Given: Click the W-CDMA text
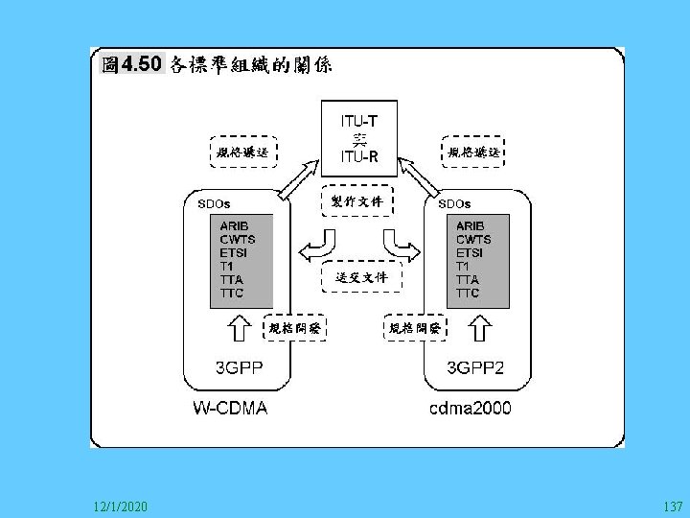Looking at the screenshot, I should pyautogui.click(x=229, y=409).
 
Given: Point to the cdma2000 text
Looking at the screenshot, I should pyautogui.click(x=470, y=409).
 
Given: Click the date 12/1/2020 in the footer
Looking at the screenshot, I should pyautogui.click(x=121, y=505).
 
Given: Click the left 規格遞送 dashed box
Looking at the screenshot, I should pyautogui.click(x=242, y=153).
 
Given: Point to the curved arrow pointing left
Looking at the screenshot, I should pyautogui.click(x=315, y=244).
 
